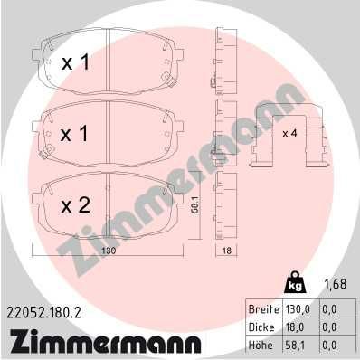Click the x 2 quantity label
pos(75,205)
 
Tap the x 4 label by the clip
pos(289,133)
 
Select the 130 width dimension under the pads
pos(109,251)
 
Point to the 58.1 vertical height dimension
pos(195,205)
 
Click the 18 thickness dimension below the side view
pos(226,251)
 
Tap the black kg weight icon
pos(295,282)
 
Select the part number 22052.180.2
pos(42,314)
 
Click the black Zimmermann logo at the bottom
pos(101,343)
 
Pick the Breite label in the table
pos(263,309)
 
